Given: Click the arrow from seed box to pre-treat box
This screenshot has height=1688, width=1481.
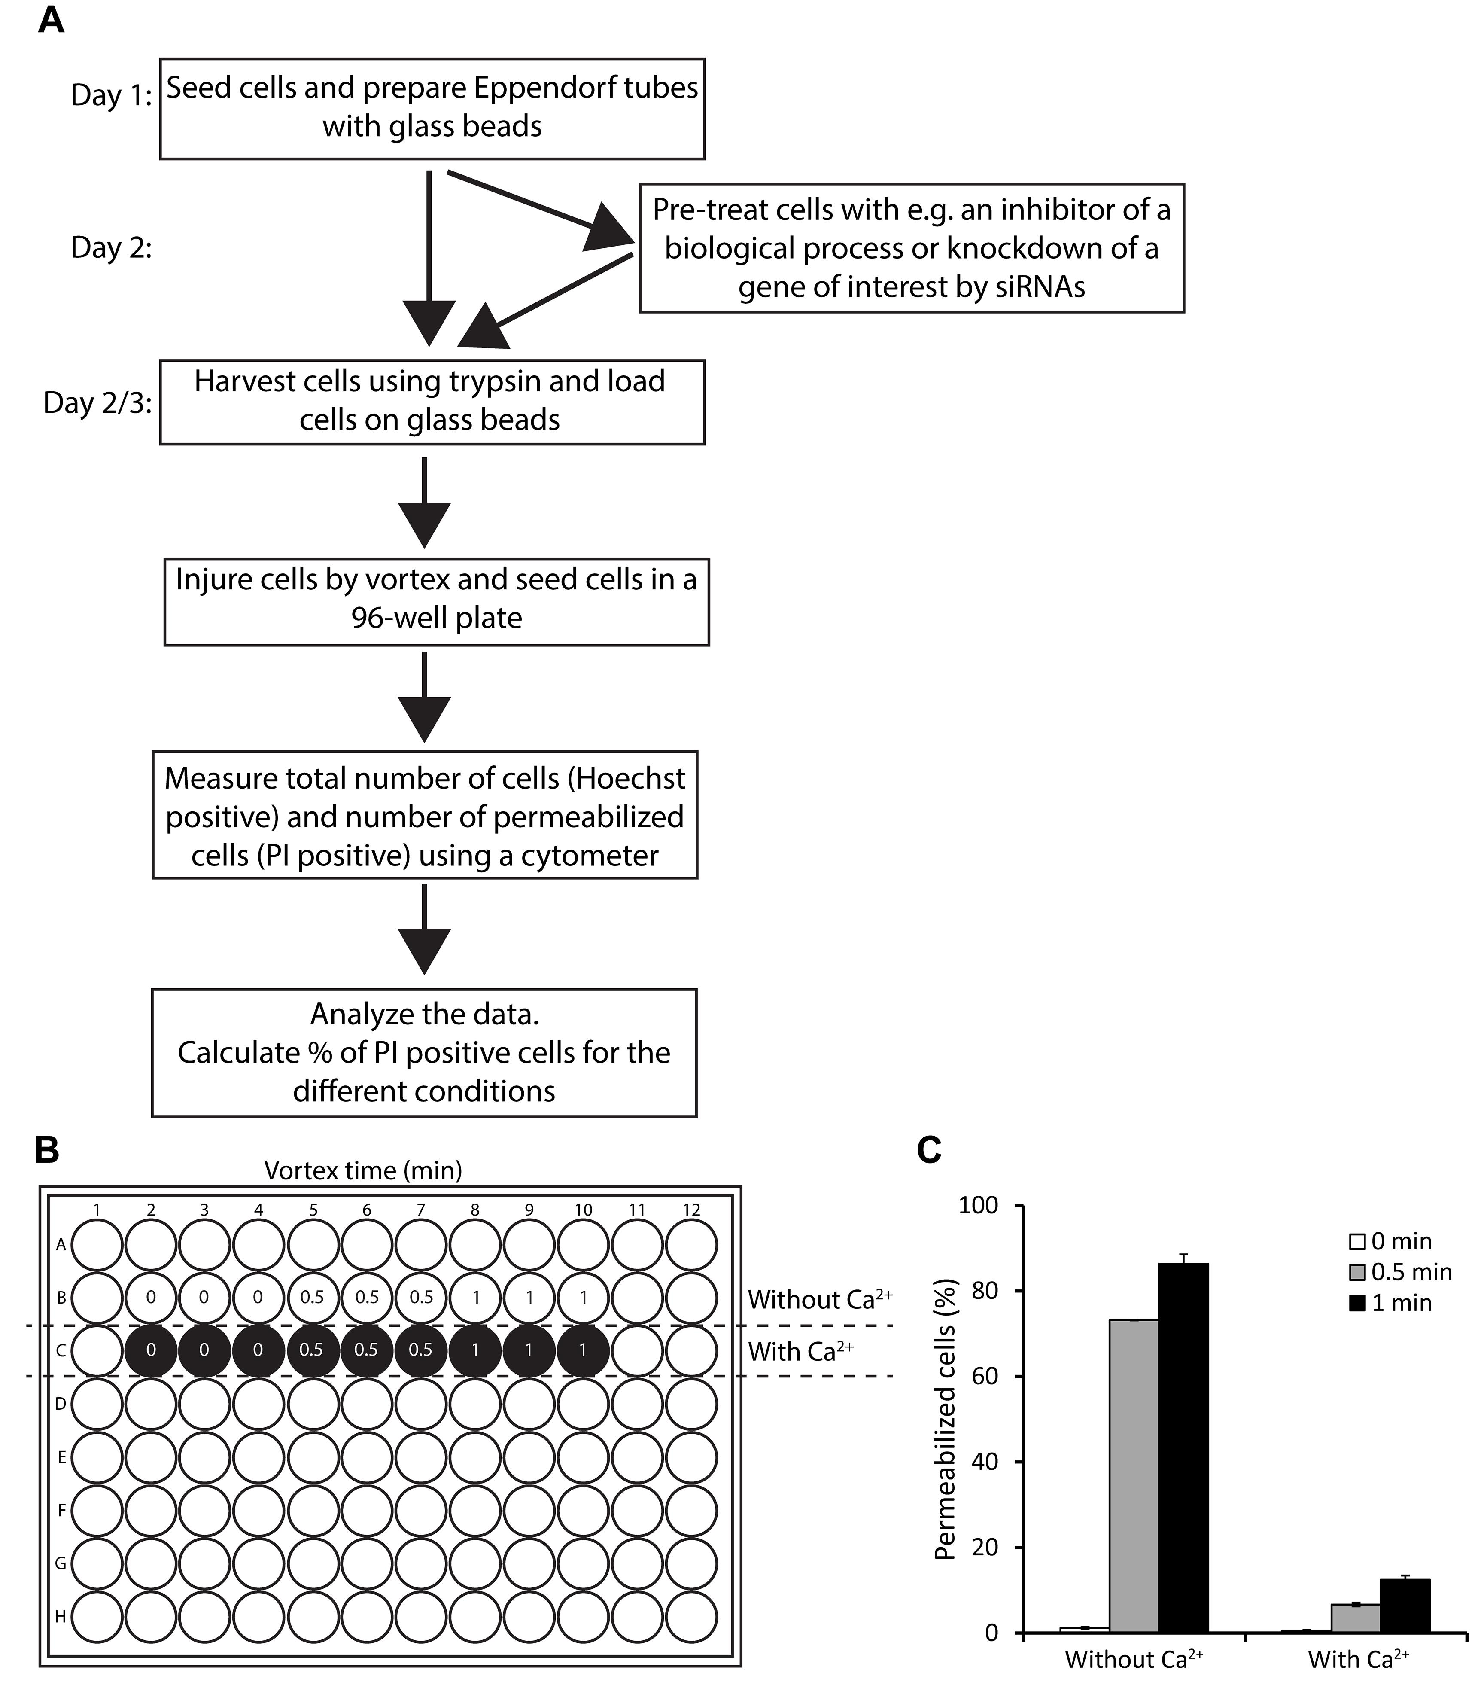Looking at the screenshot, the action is coord(541,209).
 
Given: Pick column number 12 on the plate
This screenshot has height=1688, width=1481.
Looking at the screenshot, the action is coord(692,1210).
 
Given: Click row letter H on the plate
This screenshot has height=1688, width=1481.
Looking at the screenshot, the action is coord(60,1617).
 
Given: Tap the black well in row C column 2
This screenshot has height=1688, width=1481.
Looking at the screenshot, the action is coord(150,1351).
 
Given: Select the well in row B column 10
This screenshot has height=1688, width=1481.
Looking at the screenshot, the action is coord(584,1298).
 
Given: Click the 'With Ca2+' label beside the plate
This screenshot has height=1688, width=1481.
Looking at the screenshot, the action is coord(801,1351).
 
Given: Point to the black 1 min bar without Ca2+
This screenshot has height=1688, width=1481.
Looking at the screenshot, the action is coord(1184,1447).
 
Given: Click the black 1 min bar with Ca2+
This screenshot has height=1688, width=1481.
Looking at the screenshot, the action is coord(1405,1606).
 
